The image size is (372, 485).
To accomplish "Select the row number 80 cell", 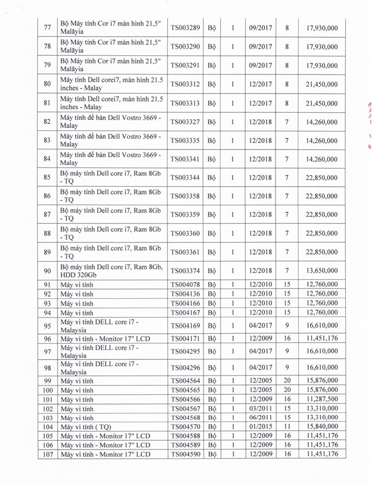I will [x=47, y=84].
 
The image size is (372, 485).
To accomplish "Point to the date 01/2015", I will [x=260, y=427].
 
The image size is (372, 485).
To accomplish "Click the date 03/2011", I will [x=260, y=409].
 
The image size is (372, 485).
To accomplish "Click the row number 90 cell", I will [x=47, y=271].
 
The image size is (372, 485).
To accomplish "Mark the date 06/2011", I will [x=260, y=418].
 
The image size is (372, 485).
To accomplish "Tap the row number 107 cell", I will [x=47, y=454].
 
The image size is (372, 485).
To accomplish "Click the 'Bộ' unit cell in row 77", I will [x=212, y=28].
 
